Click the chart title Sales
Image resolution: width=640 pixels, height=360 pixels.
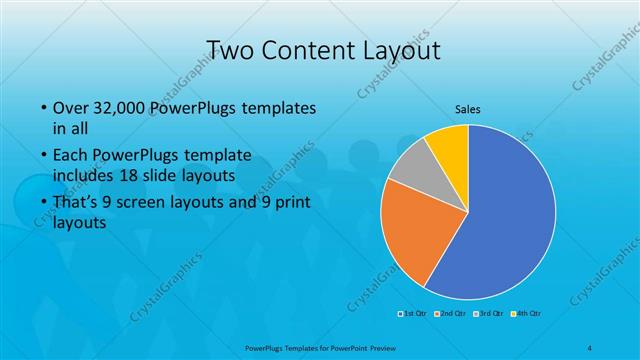467,107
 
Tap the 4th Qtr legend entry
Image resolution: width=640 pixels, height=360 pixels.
528,315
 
